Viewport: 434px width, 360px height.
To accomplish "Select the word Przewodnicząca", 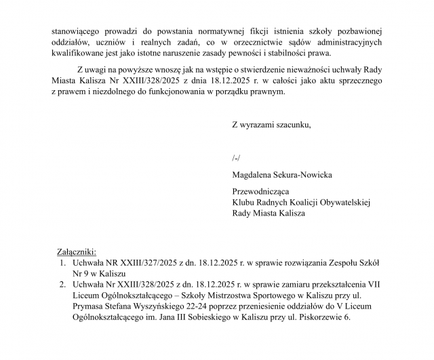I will point(261,191).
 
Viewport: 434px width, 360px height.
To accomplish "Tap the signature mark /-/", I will point(236,157).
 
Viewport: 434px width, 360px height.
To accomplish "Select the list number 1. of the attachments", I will point(62,262).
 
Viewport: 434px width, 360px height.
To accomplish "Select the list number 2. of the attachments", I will point(62,285).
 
